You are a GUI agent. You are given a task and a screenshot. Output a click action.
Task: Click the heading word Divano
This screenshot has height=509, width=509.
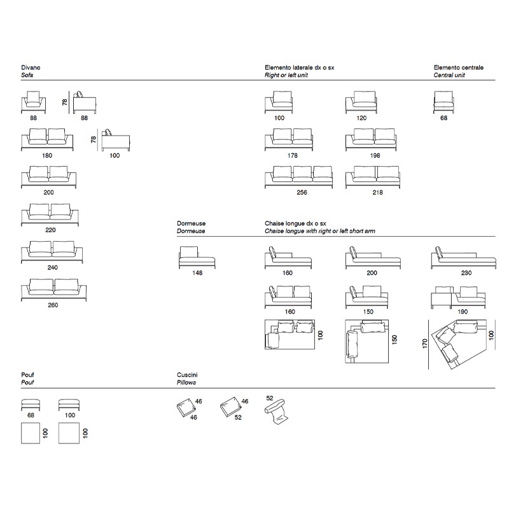31,67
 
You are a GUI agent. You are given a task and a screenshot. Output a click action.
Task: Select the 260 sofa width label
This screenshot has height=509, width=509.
53,305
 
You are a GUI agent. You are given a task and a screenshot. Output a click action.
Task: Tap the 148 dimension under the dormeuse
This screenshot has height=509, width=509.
197,273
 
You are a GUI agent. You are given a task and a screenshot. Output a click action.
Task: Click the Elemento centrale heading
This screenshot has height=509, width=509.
458,67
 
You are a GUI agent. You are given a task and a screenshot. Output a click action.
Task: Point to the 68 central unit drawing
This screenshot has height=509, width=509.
443,102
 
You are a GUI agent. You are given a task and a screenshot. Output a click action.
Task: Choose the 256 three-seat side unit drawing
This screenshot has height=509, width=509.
298,177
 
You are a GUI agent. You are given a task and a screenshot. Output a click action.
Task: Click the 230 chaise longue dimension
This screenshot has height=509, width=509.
466,273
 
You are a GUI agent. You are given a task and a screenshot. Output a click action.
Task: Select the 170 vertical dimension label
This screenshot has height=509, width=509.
424,344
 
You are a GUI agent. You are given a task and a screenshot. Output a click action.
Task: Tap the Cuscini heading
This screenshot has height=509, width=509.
187,375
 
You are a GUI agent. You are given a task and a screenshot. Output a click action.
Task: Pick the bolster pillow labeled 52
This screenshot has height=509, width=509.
277,411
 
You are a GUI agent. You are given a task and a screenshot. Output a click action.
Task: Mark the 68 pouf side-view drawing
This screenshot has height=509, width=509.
31,405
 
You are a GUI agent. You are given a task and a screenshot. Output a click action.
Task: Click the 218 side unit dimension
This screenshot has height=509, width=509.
377,193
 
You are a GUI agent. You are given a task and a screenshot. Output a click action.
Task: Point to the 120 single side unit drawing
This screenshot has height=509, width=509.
361,102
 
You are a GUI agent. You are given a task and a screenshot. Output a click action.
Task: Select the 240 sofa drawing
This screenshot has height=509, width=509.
52,252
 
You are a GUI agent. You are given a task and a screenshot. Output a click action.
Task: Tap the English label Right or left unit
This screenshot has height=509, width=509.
286,75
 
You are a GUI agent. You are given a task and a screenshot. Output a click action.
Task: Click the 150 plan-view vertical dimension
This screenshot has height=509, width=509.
394,340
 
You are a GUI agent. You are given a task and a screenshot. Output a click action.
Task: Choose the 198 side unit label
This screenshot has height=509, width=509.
375,155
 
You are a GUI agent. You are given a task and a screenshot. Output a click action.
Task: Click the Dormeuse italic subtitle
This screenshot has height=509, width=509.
191,231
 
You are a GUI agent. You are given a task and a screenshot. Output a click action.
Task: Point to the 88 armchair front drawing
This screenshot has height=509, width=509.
33,102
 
